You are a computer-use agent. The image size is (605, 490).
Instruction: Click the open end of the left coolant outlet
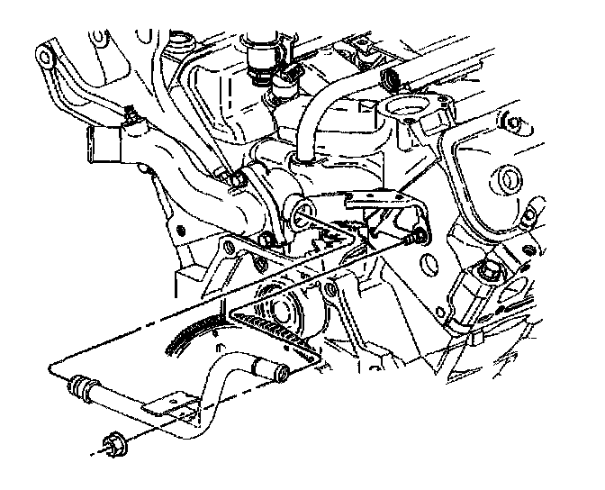click(x=96, y=141)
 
